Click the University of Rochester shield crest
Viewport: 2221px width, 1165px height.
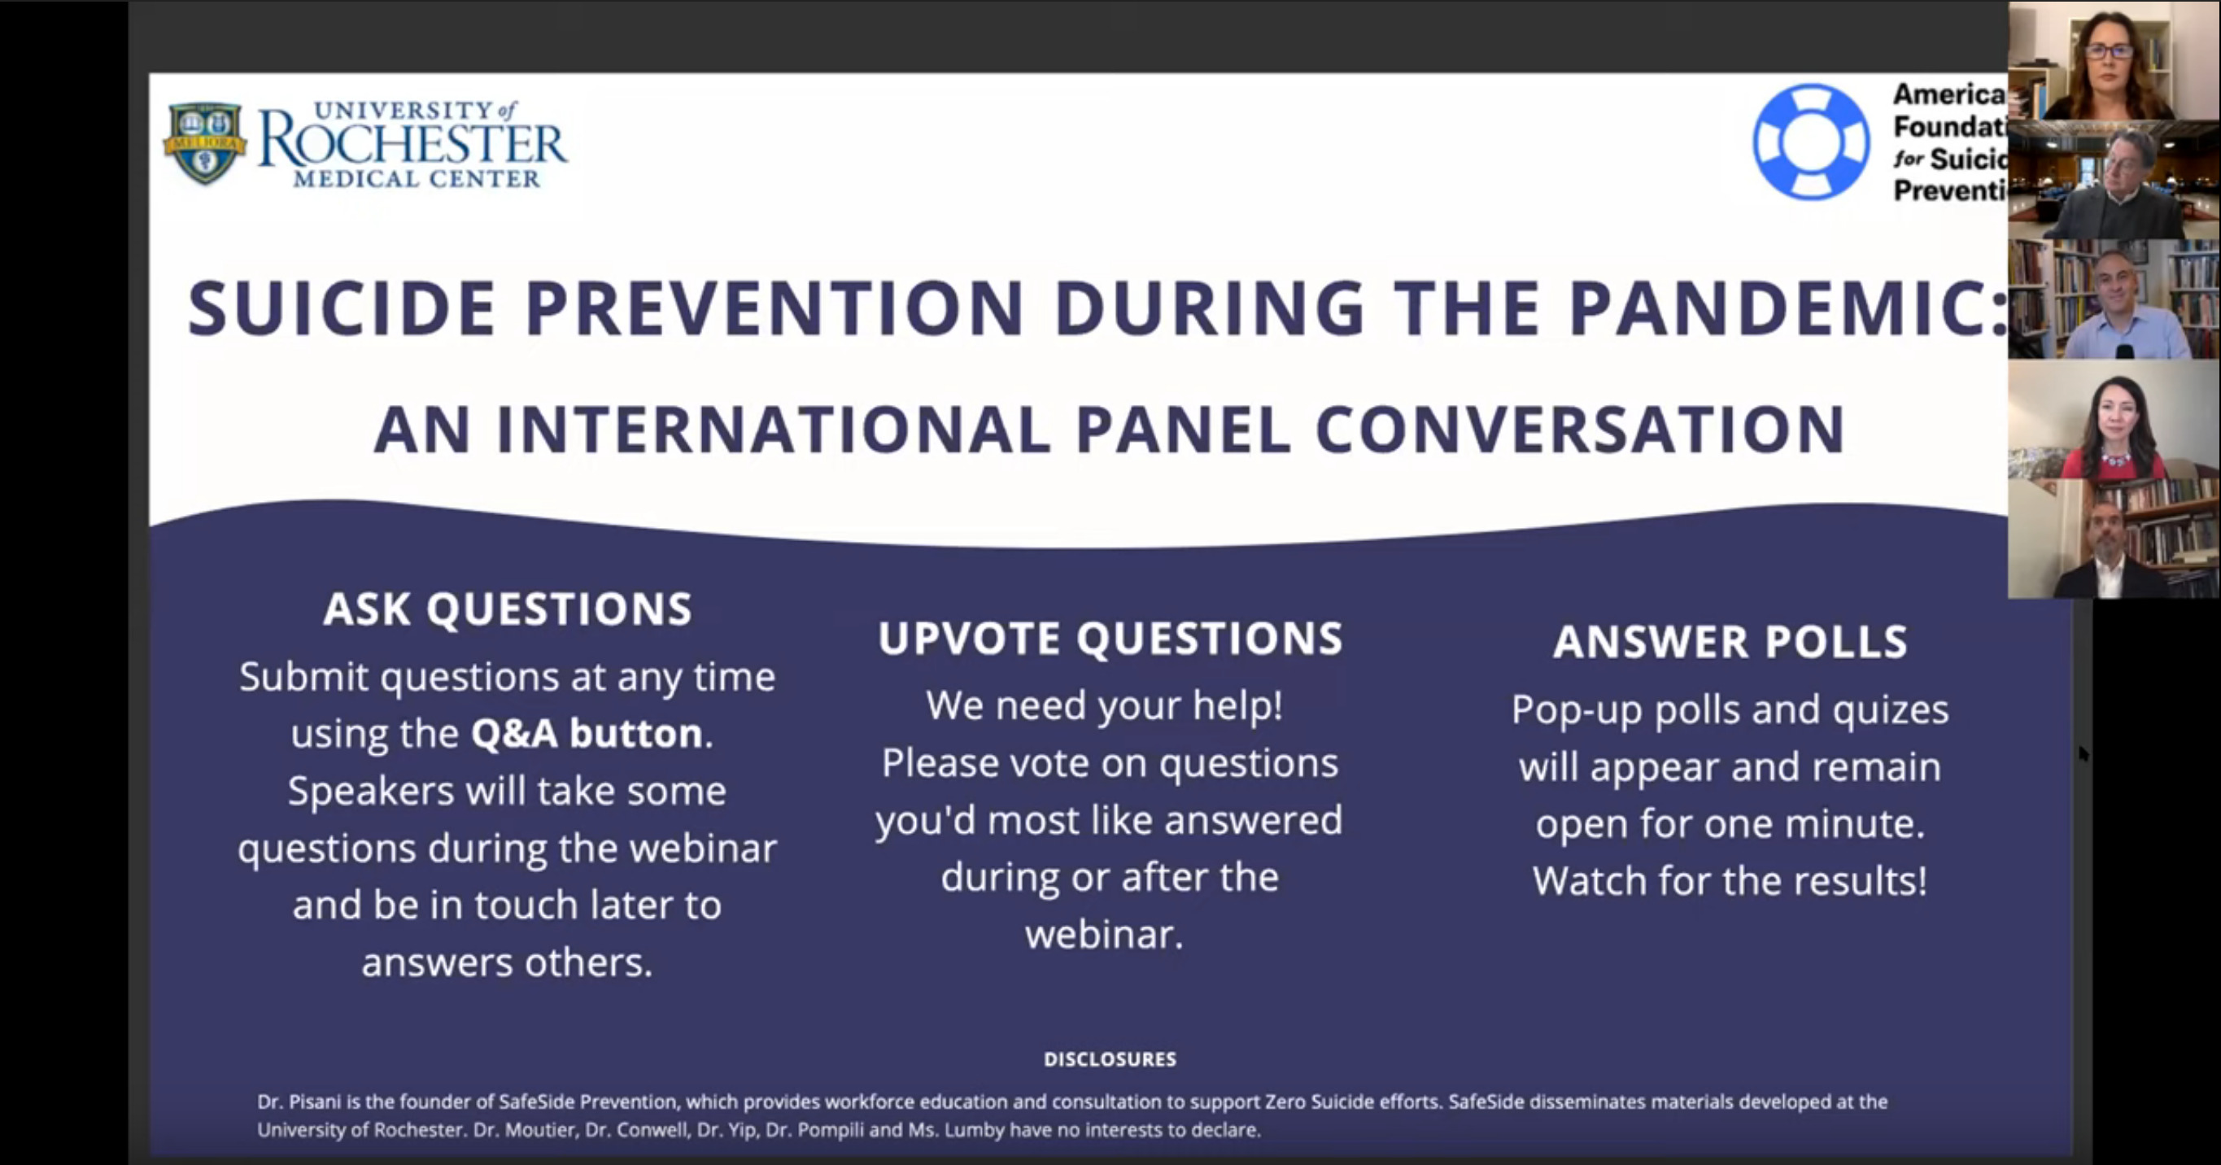(x=204, y=143)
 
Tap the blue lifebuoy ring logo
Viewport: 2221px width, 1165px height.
(x=1811, y=142)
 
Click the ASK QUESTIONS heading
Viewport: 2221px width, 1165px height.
(x=507, y=609)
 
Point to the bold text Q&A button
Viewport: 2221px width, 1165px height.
(x=587, y=734)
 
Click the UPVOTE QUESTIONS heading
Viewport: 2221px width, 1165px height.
(x=1110, y=638)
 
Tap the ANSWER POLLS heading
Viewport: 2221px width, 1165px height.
(x=1730, y=642)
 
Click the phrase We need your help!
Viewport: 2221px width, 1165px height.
(x=1104, y=705)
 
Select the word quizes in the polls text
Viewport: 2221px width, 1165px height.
(x=1889, y=709)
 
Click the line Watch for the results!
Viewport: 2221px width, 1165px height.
(x=1729, y=880)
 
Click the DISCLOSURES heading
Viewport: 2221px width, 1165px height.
(x=1110, y=1059)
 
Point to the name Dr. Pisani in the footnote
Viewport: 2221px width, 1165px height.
(x=290, y=1102)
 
